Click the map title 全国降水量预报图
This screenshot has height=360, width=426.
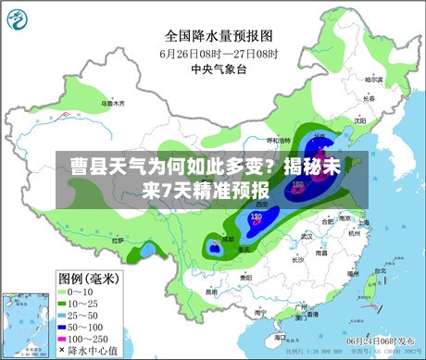[219, 35]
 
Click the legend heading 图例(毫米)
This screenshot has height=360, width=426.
[89, 279]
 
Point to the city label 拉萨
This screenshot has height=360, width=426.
[118, 240]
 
